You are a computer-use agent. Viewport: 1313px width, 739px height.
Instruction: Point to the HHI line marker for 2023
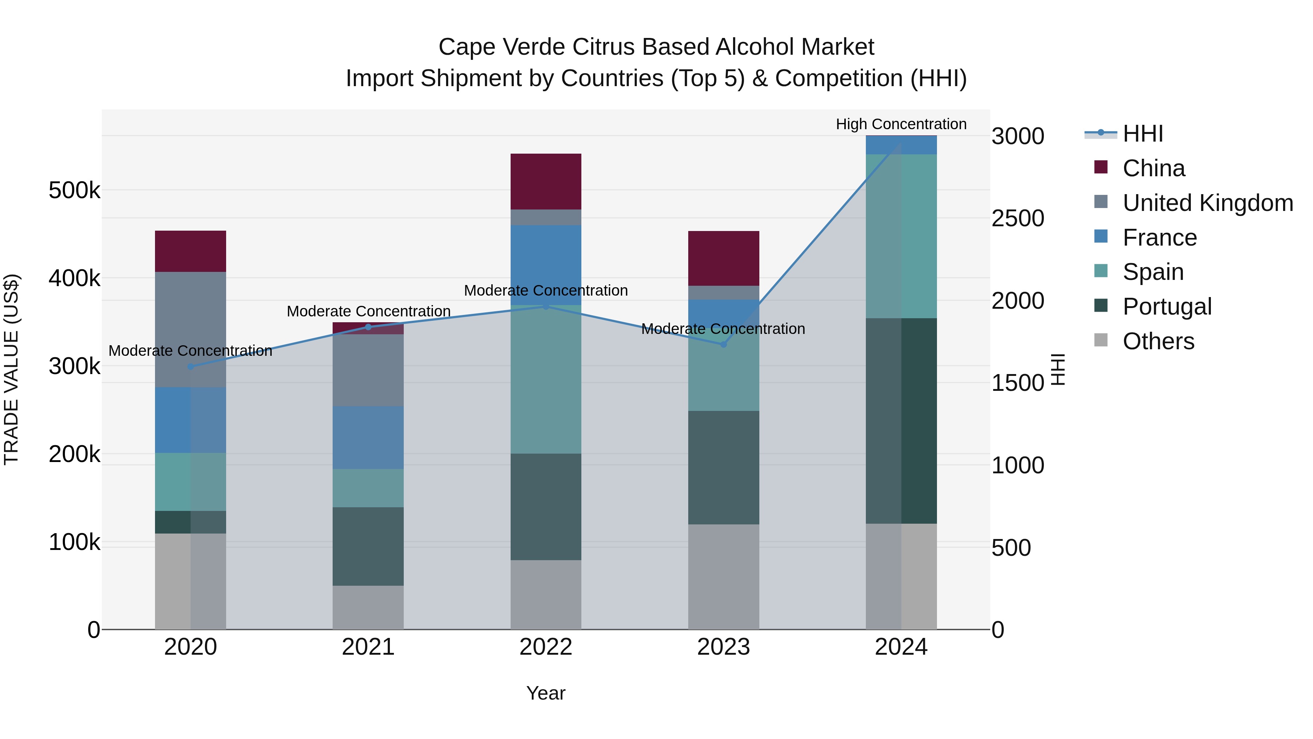pyautogui.click(x=723, y=345)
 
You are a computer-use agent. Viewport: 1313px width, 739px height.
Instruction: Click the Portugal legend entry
pyautogui.click(x=1167, y=307)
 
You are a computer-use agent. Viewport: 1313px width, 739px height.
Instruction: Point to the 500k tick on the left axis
pyautogui.click(x=74, y=191)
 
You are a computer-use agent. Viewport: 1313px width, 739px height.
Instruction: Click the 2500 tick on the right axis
pyautogui.click(x=1017, y=218)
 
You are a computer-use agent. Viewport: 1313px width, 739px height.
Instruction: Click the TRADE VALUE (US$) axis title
pyautogui.click(x=11, y=369)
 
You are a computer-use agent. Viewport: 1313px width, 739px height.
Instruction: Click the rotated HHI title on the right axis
pyautogui.click(x=1058, y=369)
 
